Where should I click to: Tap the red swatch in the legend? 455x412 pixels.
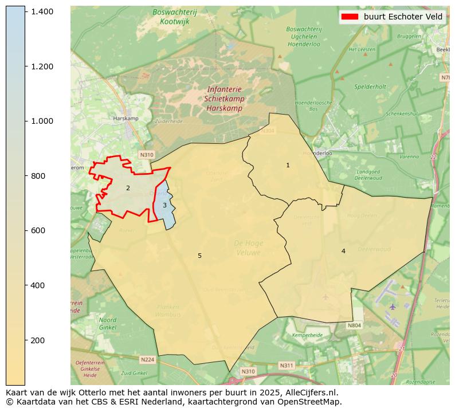click(x=350, y=17)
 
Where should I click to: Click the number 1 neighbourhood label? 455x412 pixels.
click(x=288, y=165)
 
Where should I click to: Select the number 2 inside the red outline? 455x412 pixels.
click(x=128, y=188)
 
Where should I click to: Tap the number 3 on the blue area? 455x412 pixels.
click(x=164, y=205)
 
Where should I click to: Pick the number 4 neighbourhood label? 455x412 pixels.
click(x=343, y=251)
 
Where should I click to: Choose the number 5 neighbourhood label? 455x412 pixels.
click(x=199, y=256)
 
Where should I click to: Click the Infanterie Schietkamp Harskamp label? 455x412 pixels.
click(x=225, y=99)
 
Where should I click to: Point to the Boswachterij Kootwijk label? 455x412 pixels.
click(x=174, y=16)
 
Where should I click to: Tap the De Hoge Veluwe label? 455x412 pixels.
click(x=248, y=248)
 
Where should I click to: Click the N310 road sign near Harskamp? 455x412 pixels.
click(x=147, y=155)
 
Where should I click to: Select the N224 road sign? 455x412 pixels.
click(x=147, y=360)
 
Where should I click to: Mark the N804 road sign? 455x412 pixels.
click(x=354, y=325)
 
